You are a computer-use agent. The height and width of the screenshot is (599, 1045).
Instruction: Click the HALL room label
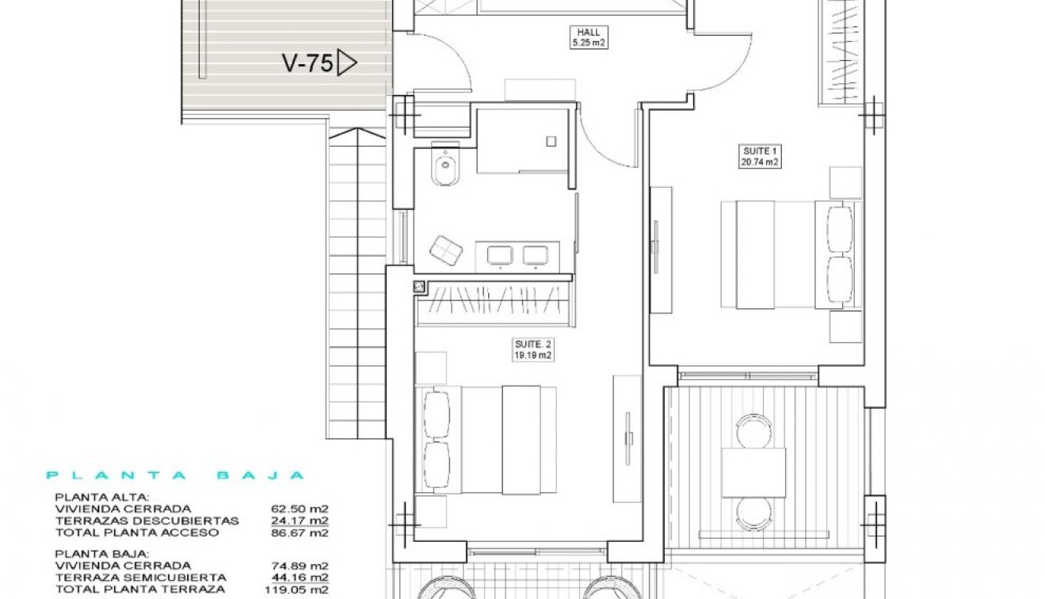(x=589, y=32)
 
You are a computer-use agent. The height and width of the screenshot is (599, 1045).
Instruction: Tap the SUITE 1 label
(x=758, y=151)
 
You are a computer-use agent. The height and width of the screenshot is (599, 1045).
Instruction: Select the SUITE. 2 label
(x=532, y=345)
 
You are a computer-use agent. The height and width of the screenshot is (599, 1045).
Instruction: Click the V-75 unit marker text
(x=307, y=63)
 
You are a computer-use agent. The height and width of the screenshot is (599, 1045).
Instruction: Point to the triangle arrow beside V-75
(x=346, y=63)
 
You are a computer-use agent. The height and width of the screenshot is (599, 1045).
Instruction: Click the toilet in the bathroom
(x=444, y=167)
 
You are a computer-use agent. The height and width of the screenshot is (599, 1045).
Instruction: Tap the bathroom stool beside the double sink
(x=446, y=250)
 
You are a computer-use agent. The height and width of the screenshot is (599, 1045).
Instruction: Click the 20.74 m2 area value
(x=758, y=162)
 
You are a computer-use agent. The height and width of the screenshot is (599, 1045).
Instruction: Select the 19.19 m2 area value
(x=532, y=356)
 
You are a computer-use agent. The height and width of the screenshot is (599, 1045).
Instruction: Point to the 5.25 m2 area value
(x=589, y=44)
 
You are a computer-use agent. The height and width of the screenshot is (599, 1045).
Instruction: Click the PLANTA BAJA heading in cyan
(x=175, y=475)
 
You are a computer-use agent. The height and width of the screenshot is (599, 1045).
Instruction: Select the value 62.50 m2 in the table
(x=301, y=509)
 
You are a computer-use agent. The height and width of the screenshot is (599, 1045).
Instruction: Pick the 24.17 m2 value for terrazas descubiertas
(x=301, y=521)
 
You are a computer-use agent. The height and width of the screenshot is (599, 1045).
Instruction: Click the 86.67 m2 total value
(x=301, y=532)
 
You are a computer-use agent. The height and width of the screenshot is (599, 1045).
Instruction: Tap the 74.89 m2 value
(x=301, y=566)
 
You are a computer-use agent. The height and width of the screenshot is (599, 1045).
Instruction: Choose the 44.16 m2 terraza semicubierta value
(x=301, y=578)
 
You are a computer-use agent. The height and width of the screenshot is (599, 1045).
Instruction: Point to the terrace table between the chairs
(x=753, y=472)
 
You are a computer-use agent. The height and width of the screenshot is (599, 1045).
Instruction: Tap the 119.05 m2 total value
(x=298, y=589)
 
